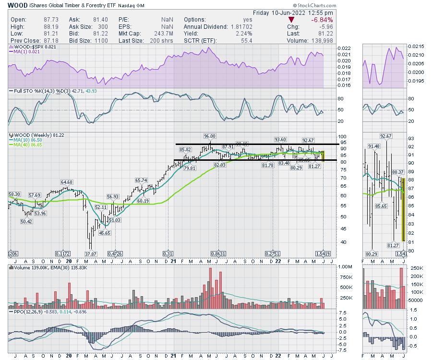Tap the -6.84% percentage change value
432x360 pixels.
point(322,20)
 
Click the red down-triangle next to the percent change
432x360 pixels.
point(291,20)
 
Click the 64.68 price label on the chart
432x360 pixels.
point(66,182)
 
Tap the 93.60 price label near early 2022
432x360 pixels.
point(280,139)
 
